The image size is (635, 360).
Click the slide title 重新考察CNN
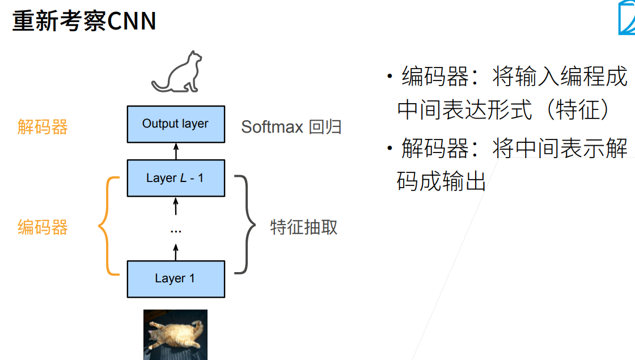pyautogui.click(x=84, y=22)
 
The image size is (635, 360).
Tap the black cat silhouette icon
pyautogui.click(x=177, y=73)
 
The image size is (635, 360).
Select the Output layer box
pyautogui.click(x=176, y=124)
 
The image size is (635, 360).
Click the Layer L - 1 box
pyautogui.click(x=176, y=178)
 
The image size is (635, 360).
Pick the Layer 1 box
pyautogui.click(x=176, y=278)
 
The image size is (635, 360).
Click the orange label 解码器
pyautogui.click(x=43, y=126)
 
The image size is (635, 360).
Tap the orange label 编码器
pyautogui.click(x=43, y=227)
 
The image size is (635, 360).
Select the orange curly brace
pyautogui.click(x=108, y=227)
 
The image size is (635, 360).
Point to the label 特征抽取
pyautogui.click(x=304, y=227)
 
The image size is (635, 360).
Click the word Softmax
pyautogui.click(x=272, y=126)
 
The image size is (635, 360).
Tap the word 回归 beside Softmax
pyautogui.click(x=325, y=126)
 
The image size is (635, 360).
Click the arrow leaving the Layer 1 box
pyautogui.click(x=176, y=252)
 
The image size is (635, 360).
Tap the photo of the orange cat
pyautogui.click(x=175, y=334)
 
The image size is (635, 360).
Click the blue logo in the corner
pyautogui.click(x=626, y=22)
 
